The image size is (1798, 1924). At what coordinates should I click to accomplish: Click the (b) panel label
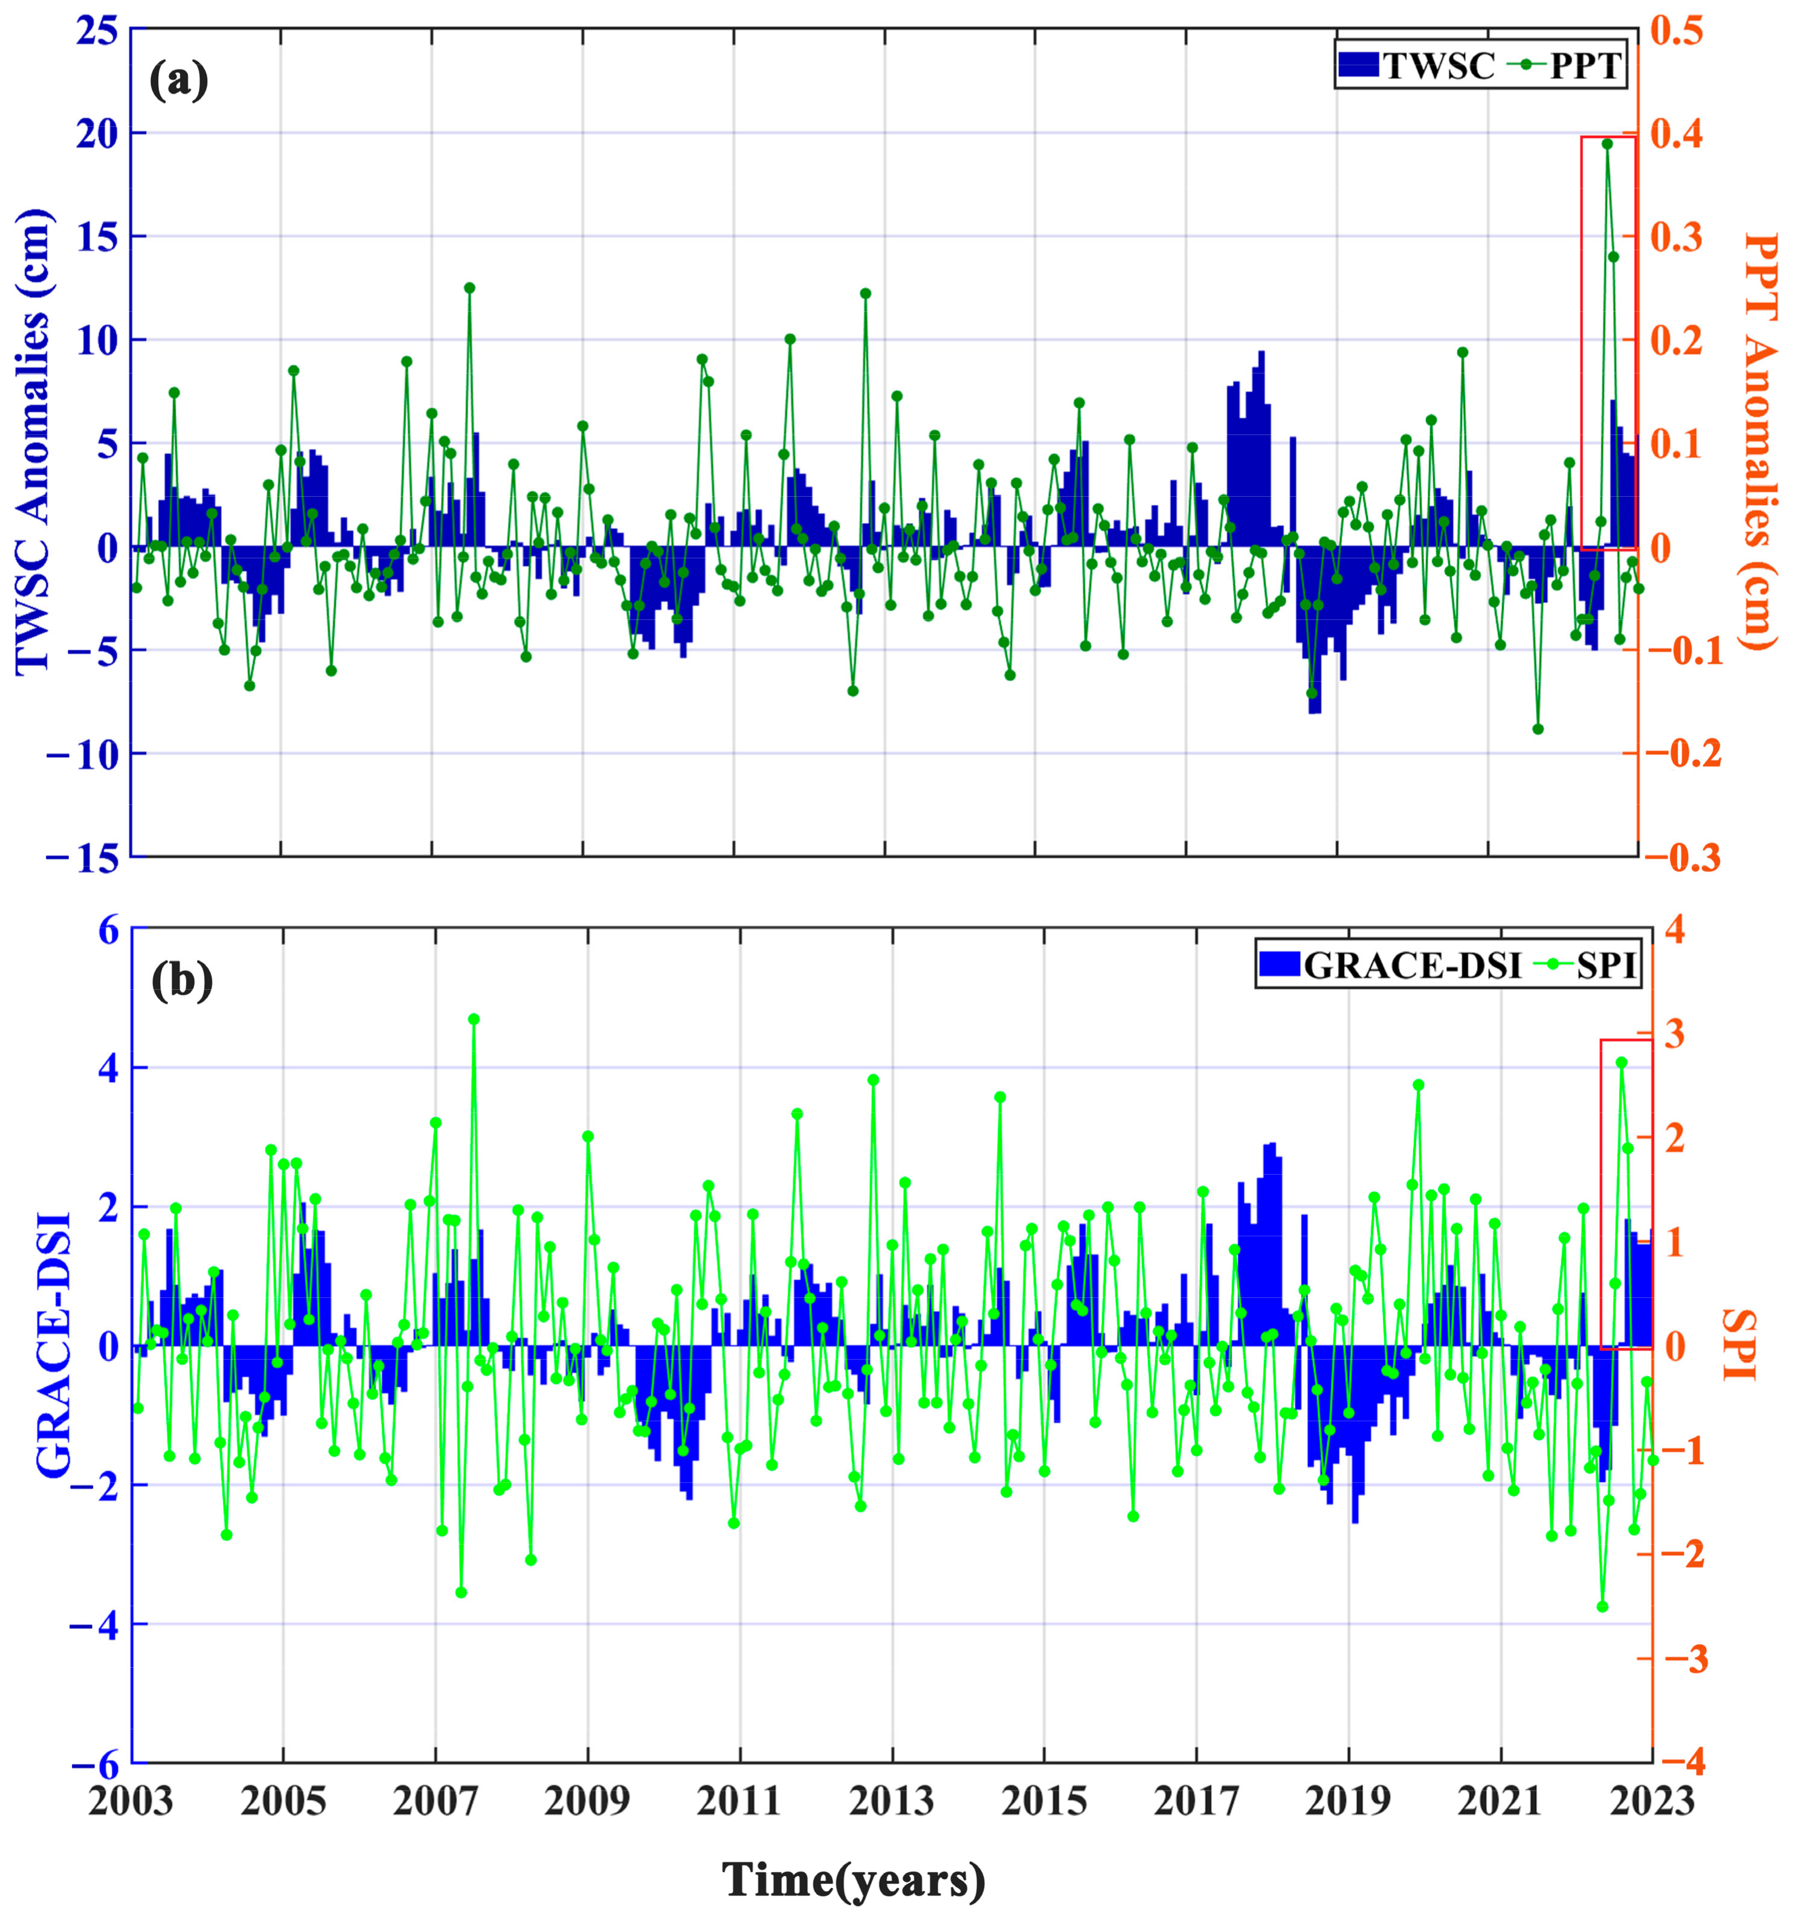tap(182, 980)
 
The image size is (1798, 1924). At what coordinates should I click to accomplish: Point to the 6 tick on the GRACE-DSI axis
tap(105, 931)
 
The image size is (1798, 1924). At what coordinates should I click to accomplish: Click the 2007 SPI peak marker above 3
tap(473, 1019)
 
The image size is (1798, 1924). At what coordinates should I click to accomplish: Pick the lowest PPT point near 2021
tap(1538, 729)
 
